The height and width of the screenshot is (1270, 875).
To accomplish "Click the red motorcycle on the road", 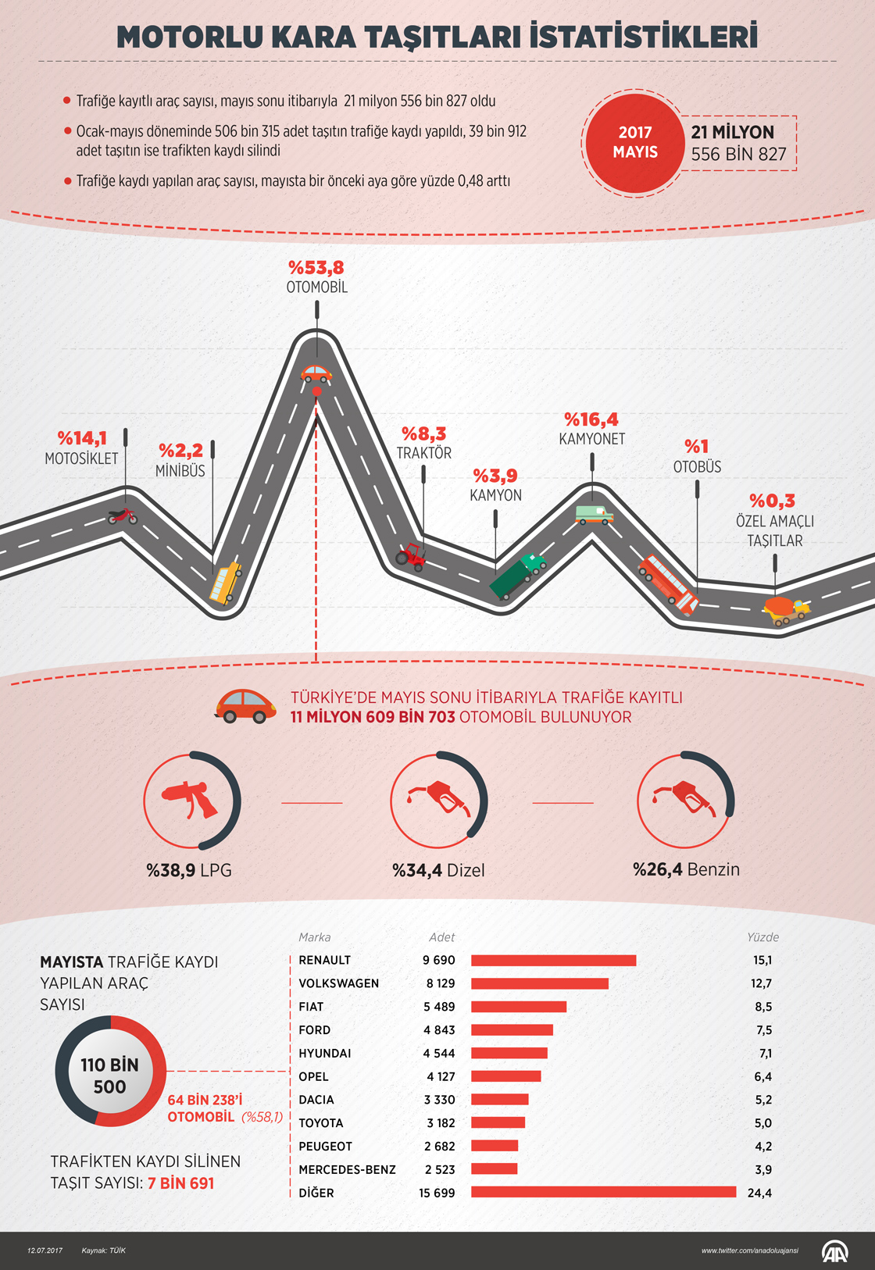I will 122,516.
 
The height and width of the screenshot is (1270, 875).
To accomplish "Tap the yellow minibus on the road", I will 225,583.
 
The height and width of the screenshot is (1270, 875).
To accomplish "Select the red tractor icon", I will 411,556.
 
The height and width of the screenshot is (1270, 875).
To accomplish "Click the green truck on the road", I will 517,576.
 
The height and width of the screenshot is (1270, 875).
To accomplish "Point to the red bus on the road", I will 668,583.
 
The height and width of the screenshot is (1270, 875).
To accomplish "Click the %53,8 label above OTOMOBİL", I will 316,268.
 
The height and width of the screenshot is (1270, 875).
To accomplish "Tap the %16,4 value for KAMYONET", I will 591,420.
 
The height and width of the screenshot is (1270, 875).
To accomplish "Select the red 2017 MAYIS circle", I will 634,143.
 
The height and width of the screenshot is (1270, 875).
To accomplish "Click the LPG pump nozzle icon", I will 190,800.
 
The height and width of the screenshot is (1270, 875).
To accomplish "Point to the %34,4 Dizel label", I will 438,870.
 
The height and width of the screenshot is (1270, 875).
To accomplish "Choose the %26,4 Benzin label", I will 686,869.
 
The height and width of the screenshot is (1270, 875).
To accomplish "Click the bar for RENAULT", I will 553,960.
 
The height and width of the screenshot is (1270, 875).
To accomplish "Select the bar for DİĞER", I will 603,1192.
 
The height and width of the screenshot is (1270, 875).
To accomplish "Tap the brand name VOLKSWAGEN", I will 338,983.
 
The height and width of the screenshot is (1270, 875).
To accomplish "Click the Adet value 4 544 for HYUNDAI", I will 439,1053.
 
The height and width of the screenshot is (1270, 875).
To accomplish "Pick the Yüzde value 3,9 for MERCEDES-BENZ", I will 762,1169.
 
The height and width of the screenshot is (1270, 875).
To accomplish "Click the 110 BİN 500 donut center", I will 109,1076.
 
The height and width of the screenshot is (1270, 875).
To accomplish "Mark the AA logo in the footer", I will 834,1250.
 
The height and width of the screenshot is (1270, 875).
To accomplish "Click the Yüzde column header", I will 762,937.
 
